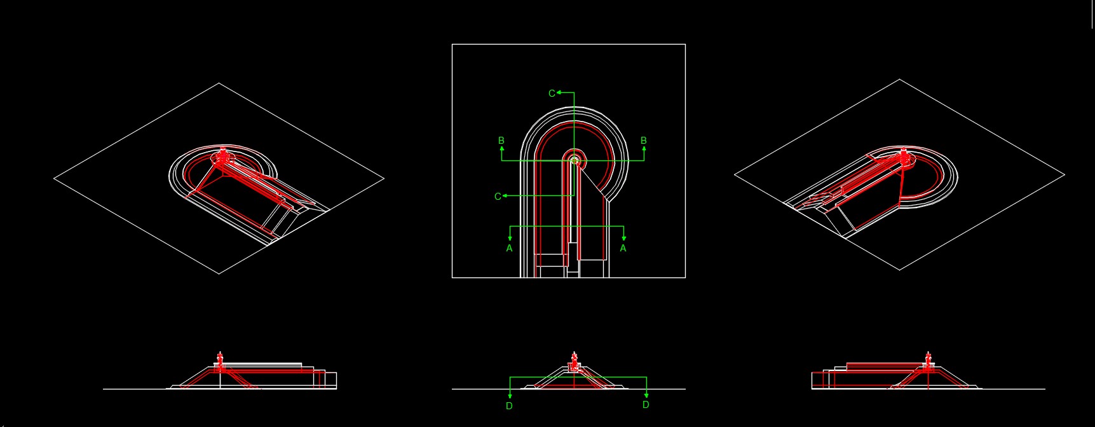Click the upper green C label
click(552, 94)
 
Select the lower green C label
click(498, 197)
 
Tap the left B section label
click(501, 141)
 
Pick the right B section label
click(644, 141)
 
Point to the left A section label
click(509, 248)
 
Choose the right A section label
click(623, 248)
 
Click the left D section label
click(509, 406)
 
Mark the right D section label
click(646, 405)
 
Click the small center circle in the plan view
click(574, 160)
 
